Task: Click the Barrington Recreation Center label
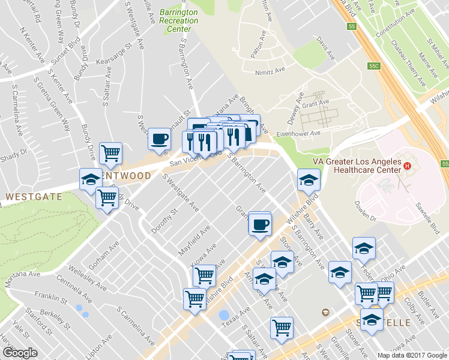click(x=179, y=20)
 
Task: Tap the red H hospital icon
click(x=408, y=166)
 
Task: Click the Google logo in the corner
click(x=20, y=352)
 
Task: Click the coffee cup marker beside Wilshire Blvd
click(x=260, y=225)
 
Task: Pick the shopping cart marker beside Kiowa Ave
click(x=204, y=276)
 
